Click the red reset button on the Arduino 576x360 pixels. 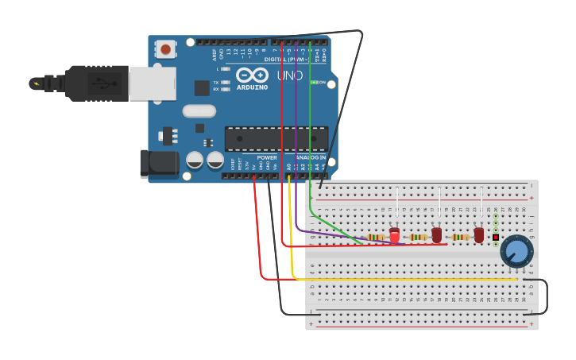tap(165, 49)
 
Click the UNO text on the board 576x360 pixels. tap(289, 75)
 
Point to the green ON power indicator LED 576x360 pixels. tap(314, 82)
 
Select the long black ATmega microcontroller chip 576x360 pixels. tap(276, 138)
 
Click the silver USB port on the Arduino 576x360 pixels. tap(152, 83)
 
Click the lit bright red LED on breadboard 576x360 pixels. tap(395, 235)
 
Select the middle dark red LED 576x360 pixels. tap(436, 235)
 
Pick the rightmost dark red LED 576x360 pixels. tap(478, 235)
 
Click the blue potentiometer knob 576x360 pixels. tap(516, 252)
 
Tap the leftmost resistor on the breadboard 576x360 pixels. tap(376, 237)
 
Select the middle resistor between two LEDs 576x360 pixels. tap(418, 237)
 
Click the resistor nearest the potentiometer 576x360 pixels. tap(460, 237)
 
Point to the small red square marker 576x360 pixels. tap(496, 237)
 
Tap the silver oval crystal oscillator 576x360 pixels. tap(199, 111)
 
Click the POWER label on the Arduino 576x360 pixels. tap(267, 157)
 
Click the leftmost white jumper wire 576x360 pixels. tap(396, 201)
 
